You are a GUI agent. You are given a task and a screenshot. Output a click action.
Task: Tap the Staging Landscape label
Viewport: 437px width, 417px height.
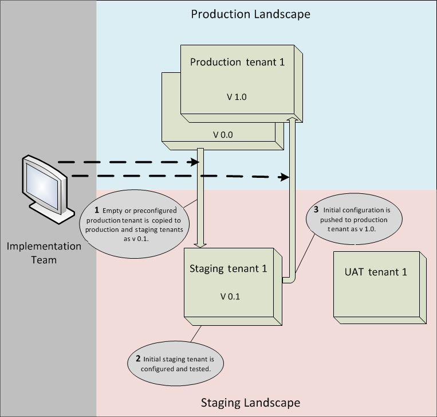(250, 402)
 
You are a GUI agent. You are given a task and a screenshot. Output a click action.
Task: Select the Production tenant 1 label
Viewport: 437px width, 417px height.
(237, 62)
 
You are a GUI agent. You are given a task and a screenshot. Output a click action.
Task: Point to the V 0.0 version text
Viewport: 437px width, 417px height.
(223, 135)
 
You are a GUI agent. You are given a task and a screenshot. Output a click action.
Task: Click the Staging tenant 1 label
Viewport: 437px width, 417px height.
(229, 268)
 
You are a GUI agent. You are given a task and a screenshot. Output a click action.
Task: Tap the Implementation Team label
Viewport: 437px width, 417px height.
(44, 253)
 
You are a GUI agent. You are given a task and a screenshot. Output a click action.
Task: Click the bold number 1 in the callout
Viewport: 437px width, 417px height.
(97, 209)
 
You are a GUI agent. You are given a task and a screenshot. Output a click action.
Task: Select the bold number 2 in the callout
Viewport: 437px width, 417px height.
(138, 358)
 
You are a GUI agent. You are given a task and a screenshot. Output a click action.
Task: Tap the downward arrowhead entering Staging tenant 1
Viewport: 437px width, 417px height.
(200, 245)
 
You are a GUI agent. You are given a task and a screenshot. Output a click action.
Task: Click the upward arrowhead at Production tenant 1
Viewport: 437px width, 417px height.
(292, 118)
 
